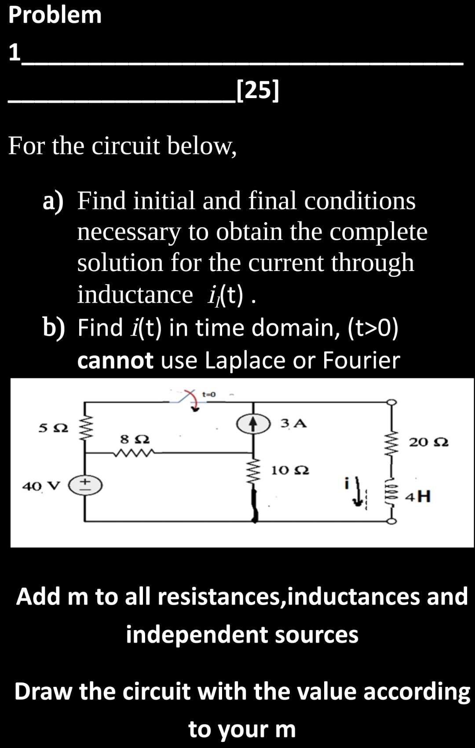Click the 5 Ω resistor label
(x=53, y=428)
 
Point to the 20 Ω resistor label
(x=429, y=442)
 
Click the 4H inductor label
(x=418, y=497)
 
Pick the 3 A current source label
(x=293, y=424)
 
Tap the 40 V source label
(x=40, y=486)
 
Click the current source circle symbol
(x=253, y=423)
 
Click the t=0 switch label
(x=208, y=394)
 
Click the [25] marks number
(x=257, y=90)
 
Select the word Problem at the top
(x=55, y=15)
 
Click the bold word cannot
(x=115, y=360)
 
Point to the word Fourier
(x=361, y=360)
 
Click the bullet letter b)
(x=53, y=328)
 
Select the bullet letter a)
(x=53, y=201)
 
